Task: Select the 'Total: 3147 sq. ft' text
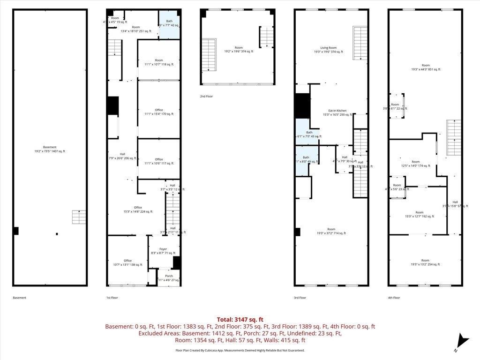[x=240, y=319]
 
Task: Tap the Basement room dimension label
[x=49, y=149]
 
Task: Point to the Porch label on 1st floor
[x=169, y=278]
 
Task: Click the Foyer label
[x=163, y=251]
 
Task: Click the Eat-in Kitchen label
[x=337, y=112]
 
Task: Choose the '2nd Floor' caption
[x=206, y=96]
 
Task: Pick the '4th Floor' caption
[x=394, y=298]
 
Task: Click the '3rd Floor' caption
[x=300, y=298]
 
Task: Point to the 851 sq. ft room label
[x=425, y=67]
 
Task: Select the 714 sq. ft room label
[x=331, y=231]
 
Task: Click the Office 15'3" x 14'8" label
[x=138, y=210]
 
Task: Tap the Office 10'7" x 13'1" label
[x=127, y=263]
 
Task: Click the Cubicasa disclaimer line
[x=240, y=350]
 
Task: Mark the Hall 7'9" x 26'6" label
[x=122, y=156]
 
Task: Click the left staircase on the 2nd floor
[x=209, y=55]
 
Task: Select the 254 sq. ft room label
[x=425, y=262]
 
